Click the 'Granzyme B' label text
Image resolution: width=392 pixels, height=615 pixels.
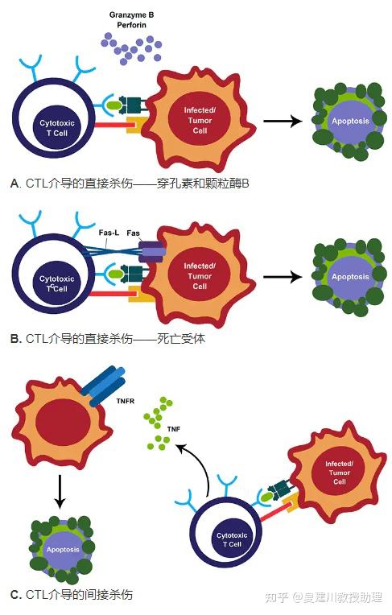131,15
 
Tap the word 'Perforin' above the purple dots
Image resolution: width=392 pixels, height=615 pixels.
131,25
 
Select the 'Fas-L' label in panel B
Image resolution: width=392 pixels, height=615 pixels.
109,233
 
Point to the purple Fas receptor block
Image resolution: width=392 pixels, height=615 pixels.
151,252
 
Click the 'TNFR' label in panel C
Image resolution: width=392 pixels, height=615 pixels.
126,401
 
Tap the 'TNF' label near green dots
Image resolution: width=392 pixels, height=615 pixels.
173,429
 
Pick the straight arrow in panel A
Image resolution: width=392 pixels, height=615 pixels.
283,122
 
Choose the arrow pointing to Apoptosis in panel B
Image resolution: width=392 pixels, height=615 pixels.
283,277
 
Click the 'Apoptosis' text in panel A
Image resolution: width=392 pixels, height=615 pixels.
350,121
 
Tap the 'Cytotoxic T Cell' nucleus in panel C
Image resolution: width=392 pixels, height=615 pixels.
232,539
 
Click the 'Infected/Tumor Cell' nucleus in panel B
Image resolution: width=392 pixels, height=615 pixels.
200,276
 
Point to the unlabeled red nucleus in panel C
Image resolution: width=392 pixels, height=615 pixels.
63,423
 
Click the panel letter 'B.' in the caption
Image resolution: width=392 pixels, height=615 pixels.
16,339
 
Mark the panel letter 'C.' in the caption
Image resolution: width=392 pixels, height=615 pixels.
16,595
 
